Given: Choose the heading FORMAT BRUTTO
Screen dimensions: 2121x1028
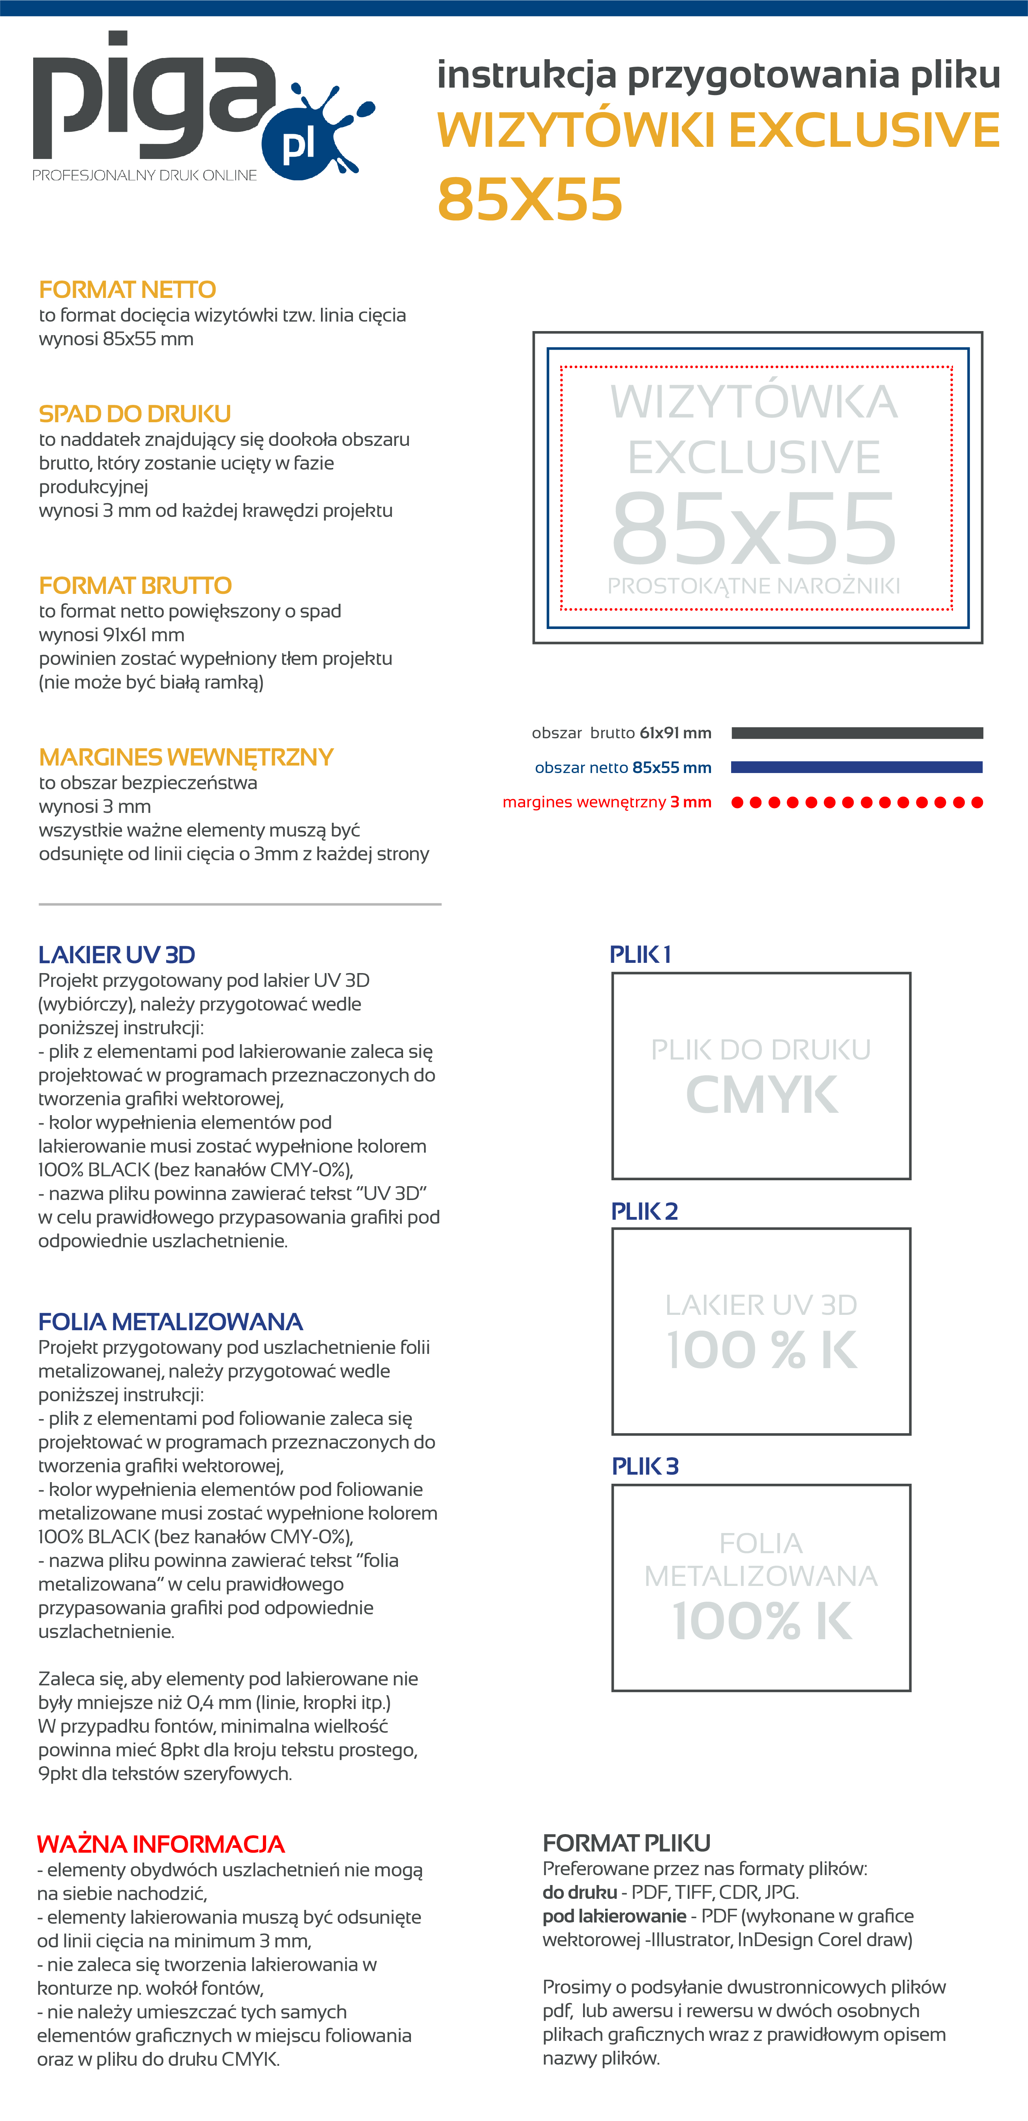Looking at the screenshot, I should tap(135, 586).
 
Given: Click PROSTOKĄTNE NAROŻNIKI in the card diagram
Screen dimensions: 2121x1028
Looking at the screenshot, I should tap(754, 586).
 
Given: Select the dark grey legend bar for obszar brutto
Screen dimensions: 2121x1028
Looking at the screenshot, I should tap(857, 733).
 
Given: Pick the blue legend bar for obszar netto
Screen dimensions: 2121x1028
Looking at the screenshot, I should tap(857, 768).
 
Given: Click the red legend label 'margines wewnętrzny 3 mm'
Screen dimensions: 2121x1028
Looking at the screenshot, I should tap(607, 802).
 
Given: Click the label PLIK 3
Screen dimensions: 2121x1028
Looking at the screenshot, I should tap(645, 1466).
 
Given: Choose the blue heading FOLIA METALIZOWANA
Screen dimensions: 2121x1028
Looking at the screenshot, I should tap(171, 1322).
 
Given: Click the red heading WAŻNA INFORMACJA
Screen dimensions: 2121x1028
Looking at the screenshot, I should tap(161, 1844).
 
